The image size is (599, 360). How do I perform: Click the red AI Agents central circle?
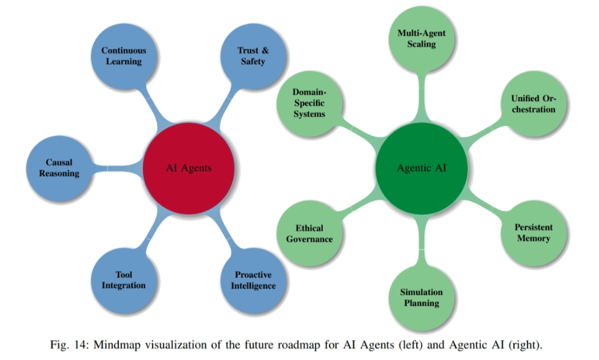189,168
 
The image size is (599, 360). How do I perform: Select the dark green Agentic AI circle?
422,168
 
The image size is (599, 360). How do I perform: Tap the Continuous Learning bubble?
123,56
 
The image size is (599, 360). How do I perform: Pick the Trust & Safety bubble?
253,56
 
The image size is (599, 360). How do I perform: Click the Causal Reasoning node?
59,168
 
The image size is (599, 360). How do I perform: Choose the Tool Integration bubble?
123,280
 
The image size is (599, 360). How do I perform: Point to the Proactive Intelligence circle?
253,280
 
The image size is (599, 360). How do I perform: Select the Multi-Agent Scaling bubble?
422,39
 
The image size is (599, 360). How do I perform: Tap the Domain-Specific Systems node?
309,103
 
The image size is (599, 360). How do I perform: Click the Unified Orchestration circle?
533,103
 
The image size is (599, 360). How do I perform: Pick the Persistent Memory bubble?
533,233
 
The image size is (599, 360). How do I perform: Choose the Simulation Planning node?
422,297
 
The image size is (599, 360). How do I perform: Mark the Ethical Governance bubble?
309,233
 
